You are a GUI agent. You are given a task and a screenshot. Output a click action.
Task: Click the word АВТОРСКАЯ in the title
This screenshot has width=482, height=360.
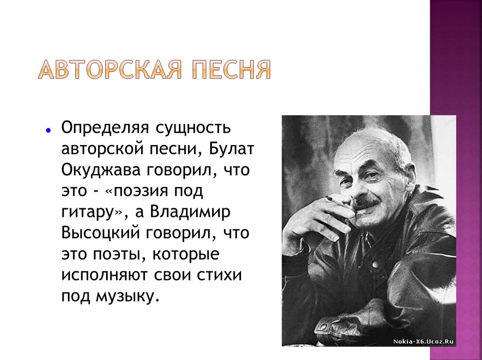pos(110,70)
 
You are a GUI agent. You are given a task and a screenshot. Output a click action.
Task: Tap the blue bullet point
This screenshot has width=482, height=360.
pos(48,130)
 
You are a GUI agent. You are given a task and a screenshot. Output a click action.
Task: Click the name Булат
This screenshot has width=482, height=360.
pos(231,148)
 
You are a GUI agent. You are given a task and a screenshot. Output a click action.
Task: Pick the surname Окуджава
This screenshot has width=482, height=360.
pos(101,170)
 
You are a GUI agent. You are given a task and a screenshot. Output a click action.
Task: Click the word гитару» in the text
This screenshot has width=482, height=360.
pos(92,212)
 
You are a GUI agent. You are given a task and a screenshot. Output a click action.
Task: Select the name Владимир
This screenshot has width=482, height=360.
pos(190,212)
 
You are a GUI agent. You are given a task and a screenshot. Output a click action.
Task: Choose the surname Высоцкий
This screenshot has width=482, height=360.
pos(100,232)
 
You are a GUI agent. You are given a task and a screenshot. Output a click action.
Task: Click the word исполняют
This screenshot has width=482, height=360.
pos(104,275)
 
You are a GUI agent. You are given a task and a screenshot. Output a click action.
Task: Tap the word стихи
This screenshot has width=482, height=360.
pos(219,275)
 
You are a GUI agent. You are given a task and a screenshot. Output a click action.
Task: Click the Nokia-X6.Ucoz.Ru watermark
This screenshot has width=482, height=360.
pos(423,341)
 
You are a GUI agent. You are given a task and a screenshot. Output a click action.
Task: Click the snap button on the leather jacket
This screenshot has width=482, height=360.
pos(375,265)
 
